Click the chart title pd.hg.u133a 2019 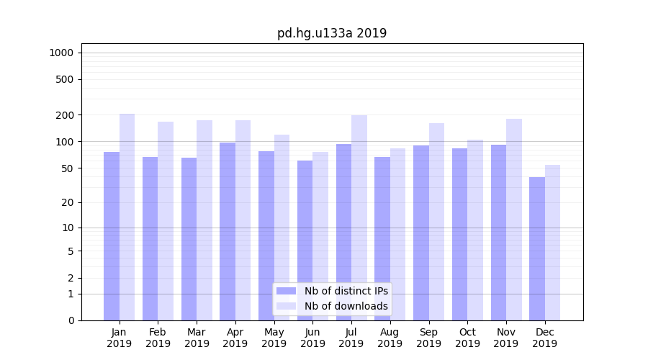click(332, 33)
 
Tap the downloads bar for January click(127, 217)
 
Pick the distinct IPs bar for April click(228, 231)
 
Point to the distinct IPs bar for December click(537, 248)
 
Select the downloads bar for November click(514, 220)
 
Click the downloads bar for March click(204, 220)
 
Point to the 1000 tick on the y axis click(61, 53)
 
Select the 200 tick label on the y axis click(65, 115)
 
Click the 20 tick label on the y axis click(68, 202)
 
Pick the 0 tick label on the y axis click(71, 320)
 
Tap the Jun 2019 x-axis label click(312, 338)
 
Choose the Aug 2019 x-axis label click(390, 338)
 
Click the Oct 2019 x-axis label click(467, 338)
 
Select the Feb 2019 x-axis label click(158, 338)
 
